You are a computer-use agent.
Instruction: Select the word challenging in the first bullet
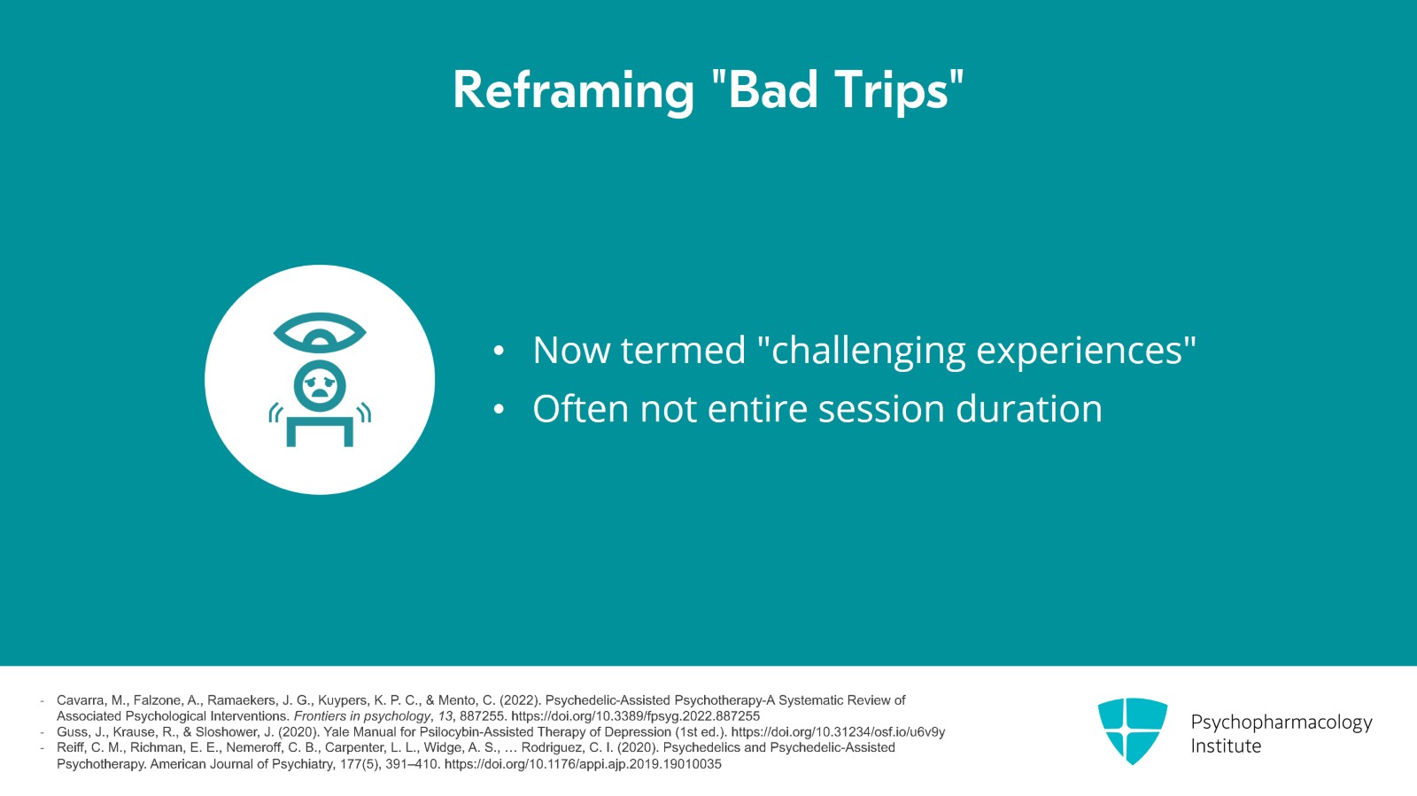click(868, 352)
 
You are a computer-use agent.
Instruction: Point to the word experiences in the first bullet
click(1080, 352)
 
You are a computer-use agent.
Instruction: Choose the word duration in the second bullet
click(1028, 408)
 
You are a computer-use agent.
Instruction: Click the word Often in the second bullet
click(580, 408)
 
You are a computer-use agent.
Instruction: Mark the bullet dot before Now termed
click(499, 352)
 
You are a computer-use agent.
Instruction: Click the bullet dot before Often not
click(499, 410)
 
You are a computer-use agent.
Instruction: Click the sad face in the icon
click(320, 386)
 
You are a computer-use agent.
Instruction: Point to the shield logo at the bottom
click(1133, 730)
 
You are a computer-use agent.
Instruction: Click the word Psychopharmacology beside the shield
click(1281, 723)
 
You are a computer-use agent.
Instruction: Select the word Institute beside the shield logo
click(1226, 746)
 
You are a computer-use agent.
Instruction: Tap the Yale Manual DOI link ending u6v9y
click(838, 732)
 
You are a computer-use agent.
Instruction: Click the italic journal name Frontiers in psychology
click(362, 716)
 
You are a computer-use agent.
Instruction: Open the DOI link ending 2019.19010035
click(583, 764)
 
